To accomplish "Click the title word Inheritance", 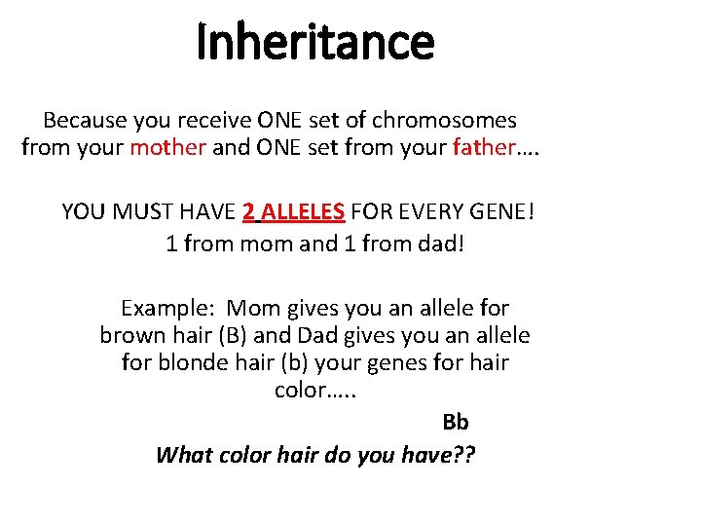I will point(314,42).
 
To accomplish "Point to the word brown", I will point(133,336).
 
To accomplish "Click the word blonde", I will point(191,363).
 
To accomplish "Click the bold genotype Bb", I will point(456,423).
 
